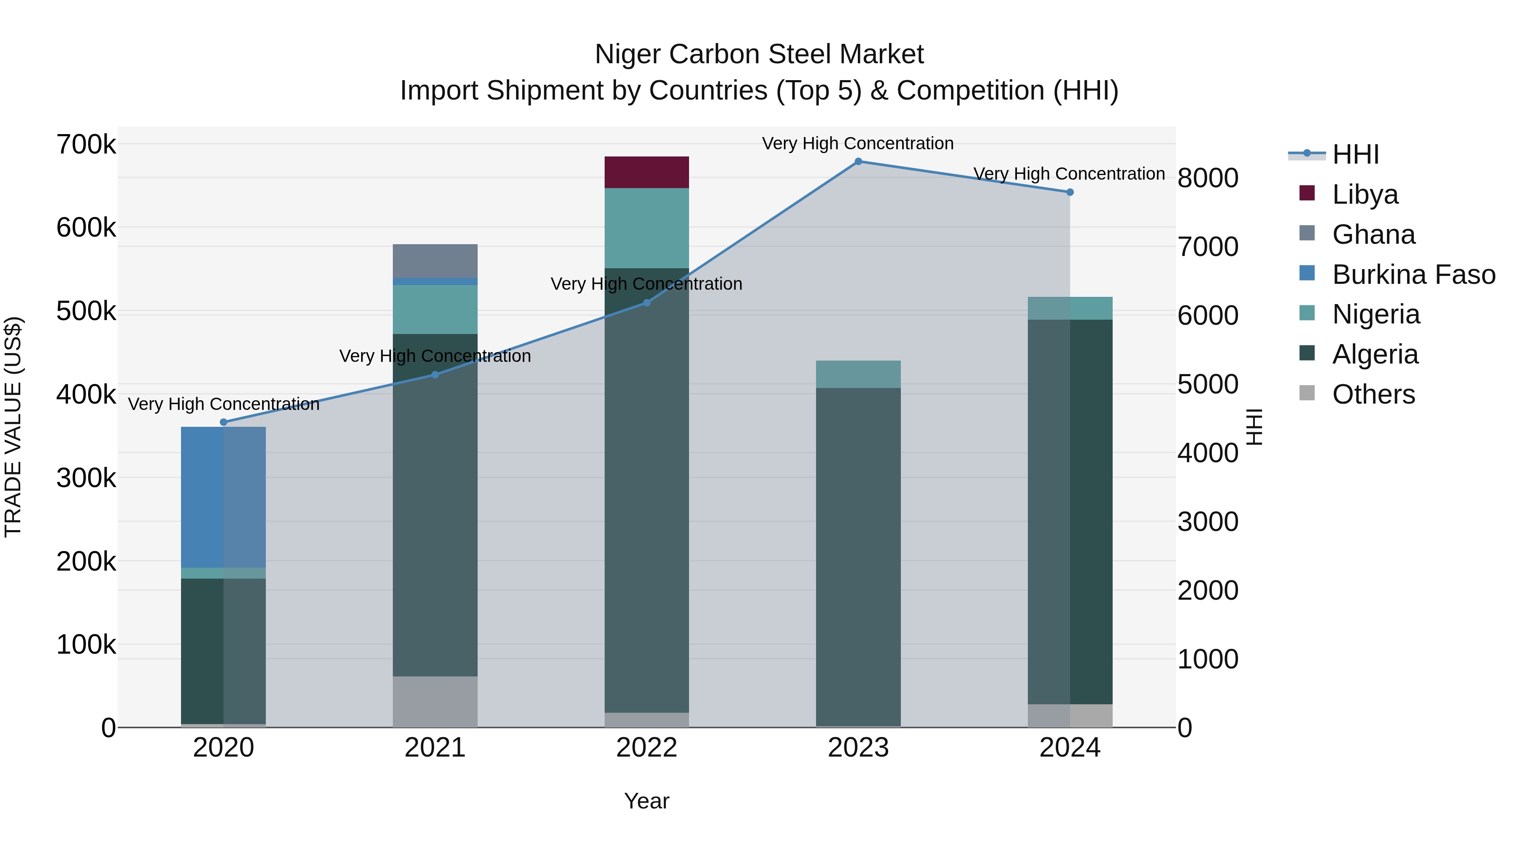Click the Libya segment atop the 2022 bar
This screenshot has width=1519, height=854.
click(647, 172)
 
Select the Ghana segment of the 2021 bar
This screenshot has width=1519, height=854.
click(435, 261)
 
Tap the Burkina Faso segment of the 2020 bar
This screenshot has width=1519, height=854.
click(223, 497)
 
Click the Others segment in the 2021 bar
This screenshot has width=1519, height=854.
click(435, 701)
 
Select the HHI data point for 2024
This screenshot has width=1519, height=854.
click(1070, 192)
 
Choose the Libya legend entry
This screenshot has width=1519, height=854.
click(1365, 194)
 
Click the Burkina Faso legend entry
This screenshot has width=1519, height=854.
click(1413, 275)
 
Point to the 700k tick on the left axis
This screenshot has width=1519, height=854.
click(86, 144)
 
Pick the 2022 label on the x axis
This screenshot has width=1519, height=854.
click(647, 748)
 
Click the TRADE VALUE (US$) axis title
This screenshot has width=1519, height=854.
click(14, 427)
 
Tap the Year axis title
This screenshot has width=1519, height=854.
click(647, 801)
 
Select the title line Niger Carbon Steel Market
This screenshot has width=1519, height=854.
click(759, 54)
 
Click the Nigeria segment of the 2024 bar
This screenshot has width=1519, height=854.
click(1070, 308)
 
